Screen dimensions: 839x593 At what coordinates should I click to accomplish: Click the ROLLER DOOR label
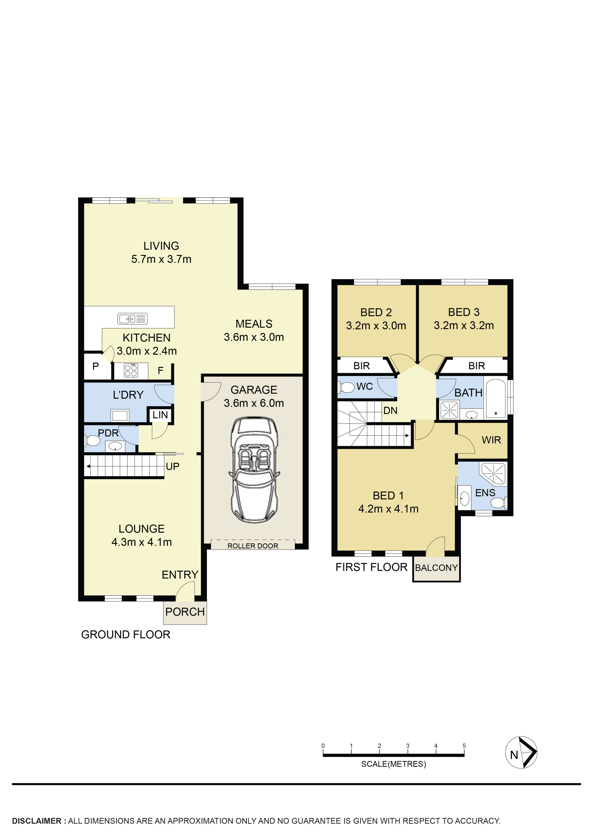253,546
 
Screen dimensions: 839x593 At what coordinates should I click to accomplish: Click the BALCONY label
436,568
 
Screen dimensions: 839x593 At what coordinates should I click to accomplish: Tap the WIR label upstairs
491,440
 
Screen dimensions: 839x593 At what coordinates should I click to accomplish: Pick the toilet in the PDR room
93,441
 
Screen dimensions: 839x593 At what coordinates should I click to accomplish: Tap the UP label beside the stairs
172,466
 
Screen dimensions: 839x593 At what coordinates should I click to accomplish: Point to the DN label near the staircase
390,410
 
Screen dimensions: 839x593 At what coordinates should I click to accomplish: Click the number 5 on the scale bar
464,746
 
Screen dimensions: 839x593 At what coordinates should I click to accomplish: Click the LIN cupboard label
160,415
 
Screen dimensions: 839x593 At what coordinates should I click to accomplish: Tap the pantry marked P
96,366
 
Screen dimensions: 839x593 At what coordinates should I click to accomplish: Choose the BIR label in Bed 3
477,366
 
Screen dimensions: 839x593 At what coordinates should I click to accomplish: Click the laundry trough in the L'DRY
120,415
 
